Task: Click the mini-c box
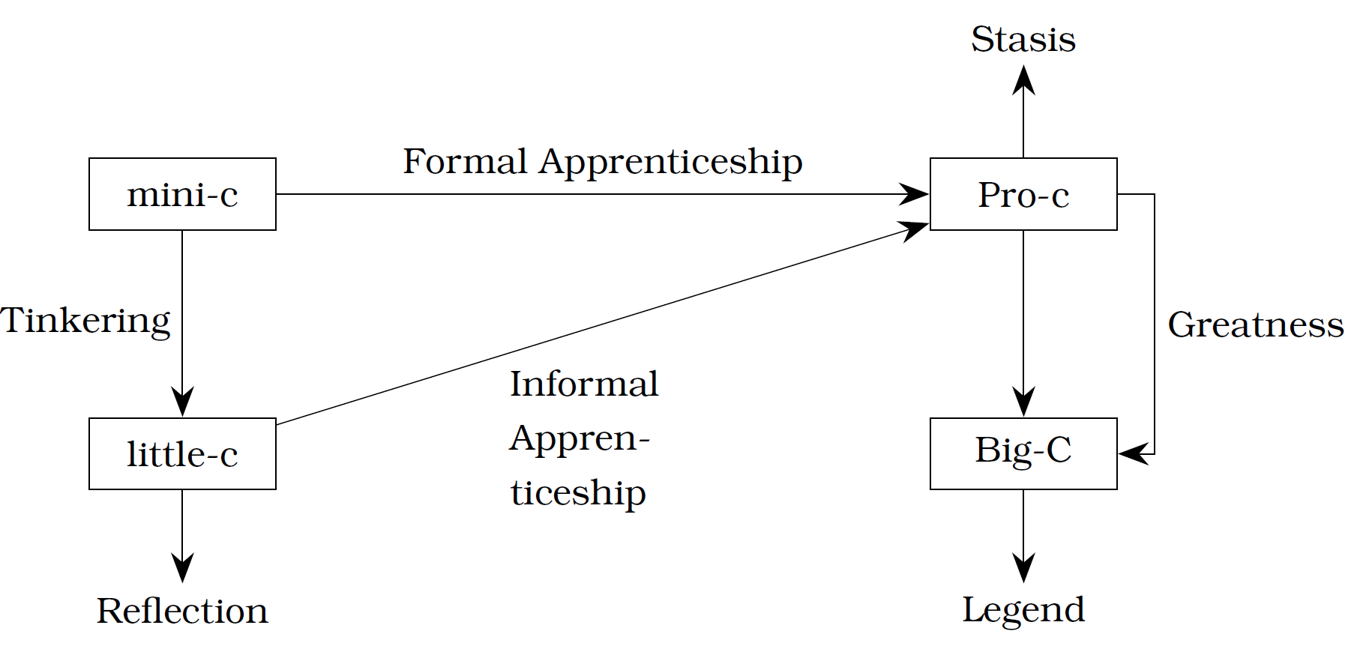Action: click(182, 194)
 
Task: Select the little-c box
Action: click(182, 453)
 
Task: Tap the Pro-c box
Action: click(1023, 194)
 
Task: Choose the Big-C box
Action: click(1023, 453)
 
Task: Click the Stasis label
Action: click(1023, 39)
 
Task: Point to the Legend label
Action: click(1023, 610)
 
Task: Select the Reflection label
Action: click(182, 611)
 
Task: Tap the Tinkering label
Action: click(85, 321)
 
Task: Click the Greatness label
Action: click(1256, 325)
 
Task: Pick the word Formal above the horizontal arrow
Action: click(465, 161)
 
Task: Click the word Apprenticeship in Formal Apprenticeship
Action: click(670, 163)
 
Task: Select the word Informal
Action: click(584, 384)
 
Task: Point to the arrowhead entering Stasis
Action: click(1023, 79)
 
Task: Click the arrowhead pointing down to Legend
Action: click(1023, 568)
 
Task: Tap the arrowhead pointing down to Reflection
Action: click(182, 568)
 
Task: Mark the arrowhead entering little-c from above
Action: click(182, 402)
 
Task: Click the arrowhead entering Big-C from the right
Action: click(1133, 453)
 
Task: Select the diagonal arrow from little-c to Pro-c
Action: click(603, 323)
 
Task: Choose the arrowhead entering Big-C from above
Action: click(1023, 402)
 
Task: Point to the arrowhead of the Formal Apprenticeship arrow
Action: click(915, 194)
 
